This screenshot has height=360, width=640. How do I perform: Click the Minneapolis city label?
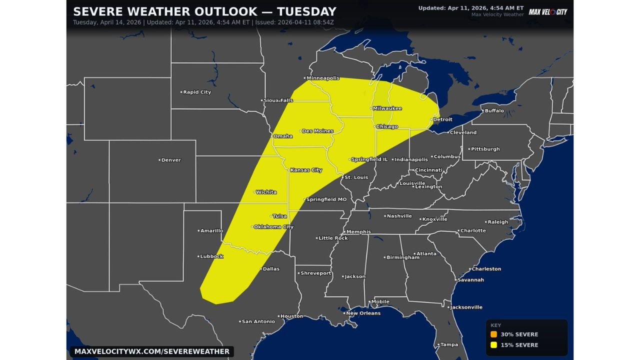pyautogui.click(x=323, y=78)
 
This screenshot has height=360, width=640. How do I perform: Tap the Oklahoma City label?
pyautogui.click(x=273, y=227)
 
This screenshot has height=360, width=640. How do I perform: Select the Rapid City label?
pyautogui.click(x=197, y=92)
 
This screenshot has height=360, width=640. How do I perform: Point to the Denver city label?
pyautogui.click(x=171, y=160)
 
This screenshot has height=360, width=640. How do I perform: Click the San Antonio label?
pyautogui.click(x=258, y=321)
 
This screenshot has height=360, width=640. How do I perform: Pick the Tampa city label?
pyautogui.click(x=449, y=344)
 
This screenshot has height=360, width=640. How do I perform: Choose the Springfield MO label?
pyautogui.click(x=326, y=199)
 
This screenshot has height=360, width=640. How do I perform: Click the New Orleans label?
pyautogui.click(x=363, y=313)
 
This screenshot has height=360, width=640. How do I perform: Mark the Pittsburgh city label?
pyautogui.click(x=485, y=149)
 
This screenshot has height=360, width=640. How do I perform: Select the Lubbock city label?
pyautogui.click(x=211, y=256)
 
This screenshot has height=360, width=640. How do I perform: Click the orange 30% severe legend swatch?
pyautogui.click(x=493, y=334)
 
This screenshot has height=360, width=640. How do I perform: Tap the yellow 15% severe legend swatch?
pyautogui.click(x=493, y=345)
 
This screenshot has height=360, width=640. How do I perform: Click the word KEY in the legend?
pyautogui.click(x=495, y=325)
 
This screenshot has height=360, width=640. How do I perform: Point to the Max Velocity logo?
pyautogui.click(x=548, y=12)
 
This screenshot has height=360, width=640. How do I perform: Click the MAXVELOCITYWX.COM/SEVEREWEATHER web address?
pyautogui.click(x=151, y=351)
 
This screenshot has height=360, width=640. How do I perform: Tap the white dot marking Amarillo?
pyautogui.click(x=198, y=231)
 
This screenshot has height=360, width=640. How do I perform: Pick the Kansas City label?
pyautogui.click(x=306, y=170)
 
